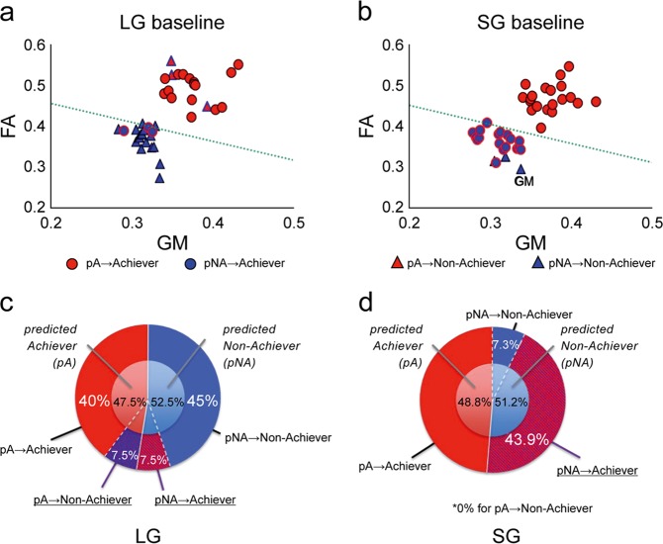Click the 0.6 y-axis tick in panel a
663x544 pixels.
pos(34,45)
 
